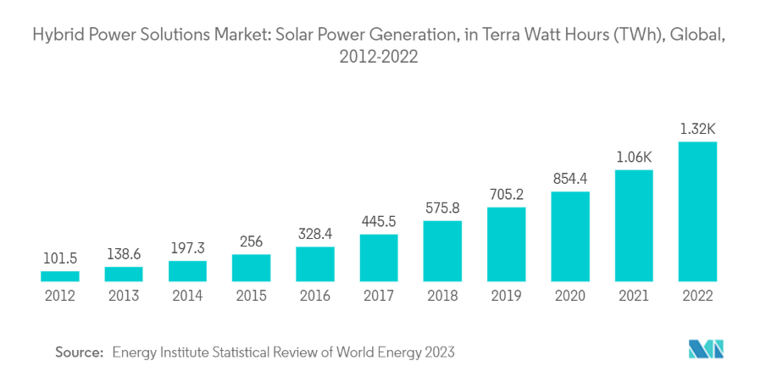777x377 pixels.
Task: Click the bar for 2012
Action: pyautogui.click(x=60, y=276)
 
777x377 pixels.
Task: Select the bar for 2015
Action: pyautogui.click(x=252, y=268)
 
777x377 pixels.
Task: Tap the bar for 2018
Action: pyautogui.click(x=442, y=251)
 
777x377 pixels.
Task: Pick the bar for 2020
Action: pyautogui.click(x=570, y=236)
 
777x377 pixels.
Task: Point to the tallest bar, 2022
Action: pyautogui.click(x=697, y=212)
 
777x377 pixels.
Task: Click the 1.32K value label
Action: pyautogui.click(x=697, y=130)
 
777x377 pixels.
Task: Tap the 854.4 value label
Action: pyautogui.click(x=570, y=179)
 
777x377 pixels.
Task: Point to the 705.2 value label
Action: pyautogui.click(x=507, y=194)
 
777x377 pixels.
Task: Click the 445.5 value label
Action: pyautogui.click(x=379, y=221)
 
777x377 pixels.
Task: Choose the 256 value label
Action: pyautogui.click(x=252, y=241)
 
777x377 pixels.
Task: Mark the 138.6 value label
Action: pyautogui.click(x=124, y=254)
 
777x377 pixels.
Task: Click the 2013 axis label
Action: pyautogui.click(x=124, y=297)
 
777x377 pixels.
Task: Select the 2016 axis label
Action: pyautogui.click(x=315, y=297)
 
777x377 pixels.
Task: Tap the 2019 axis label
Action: pyautogui.click(x=507, y=297)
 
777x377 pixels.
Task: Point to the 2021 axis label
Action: pyautogui.click(x=634, y=297)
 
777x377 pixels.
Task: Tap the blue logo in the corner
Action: pyautogui.click(x=706, y=349)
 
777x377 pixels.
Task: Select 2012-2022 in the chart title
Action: pyautogui.click(x=379, y=57)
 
